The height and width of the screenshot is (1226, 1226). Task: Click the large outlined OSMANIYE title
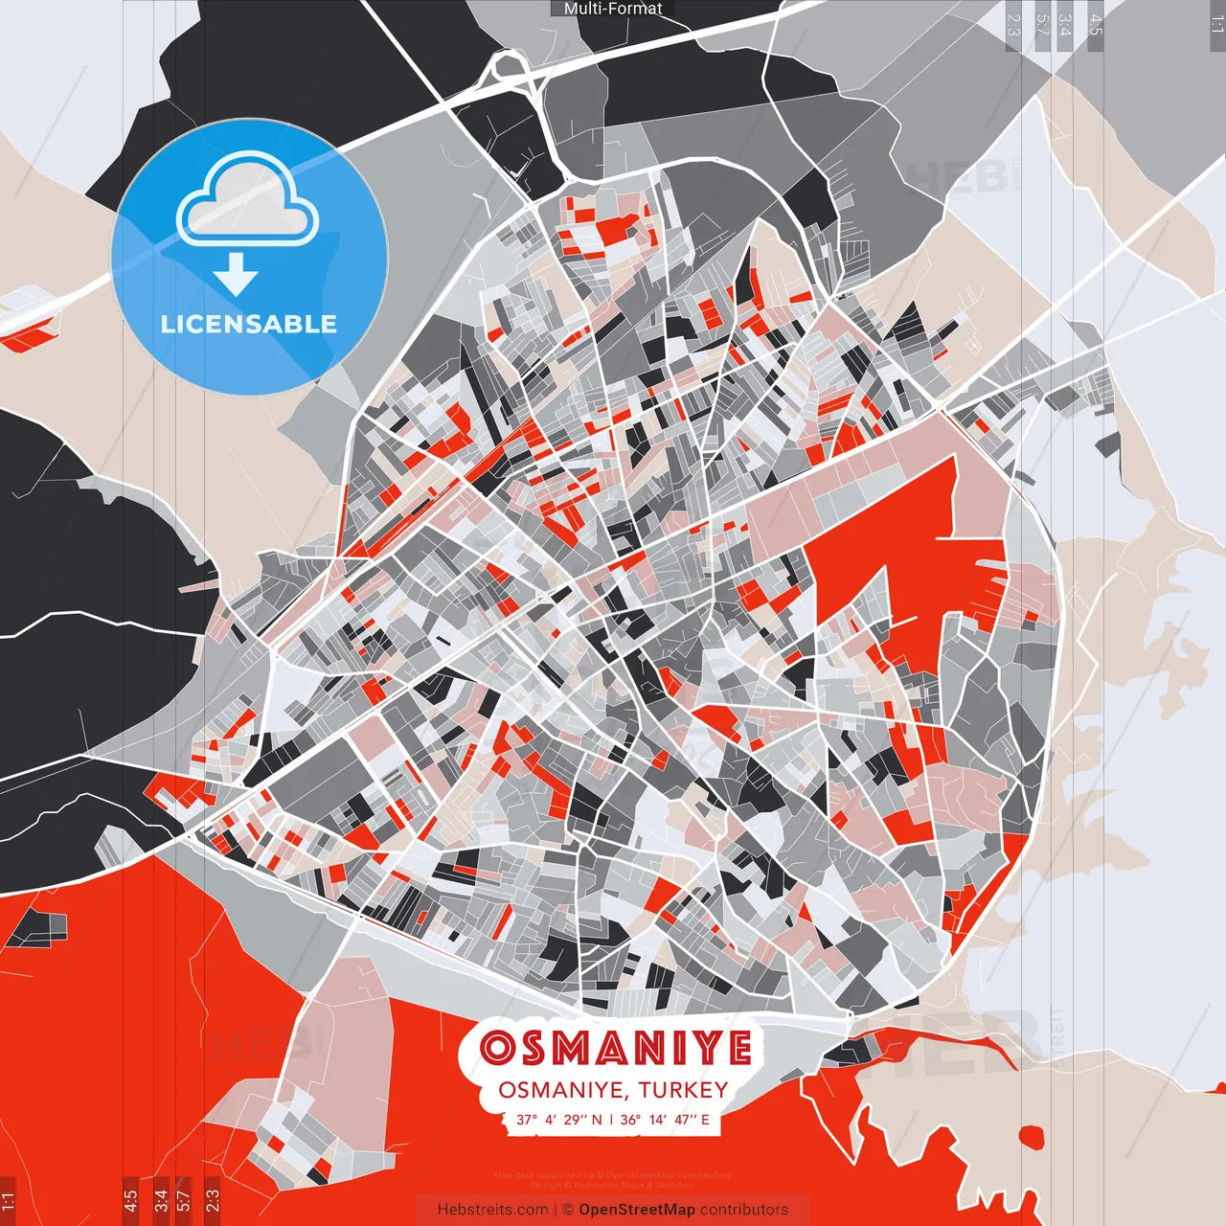tap(615, 1048)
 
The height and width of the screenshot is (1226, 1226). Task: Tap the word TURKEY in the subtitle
tap(683, 1090)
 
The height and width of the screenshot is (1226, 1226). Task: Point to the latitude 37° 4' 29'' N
tap(559, 1119)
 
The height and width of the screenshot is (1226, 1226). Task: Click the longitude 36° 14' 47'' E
tap(665, 1119)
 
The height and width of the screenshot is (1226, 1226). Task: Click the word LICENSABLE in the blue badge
tap(249, 324)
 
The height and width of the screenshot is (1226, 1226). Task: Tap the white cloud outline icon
tap(248, 201)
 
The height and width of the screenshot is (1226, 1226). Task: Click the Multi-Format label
tap(613, 9)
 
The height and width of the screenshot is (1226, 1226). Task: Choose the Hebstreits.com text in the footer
tap(492, 1210)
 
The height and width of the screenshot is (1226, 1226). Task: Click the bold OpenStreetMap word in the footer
tap(637, 1210)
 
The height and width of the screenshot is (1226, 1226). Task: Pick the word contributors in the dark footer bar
tap(744, 1210)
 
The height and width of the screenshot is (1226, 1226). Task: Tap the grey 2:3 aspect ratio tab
tap(1013, 25)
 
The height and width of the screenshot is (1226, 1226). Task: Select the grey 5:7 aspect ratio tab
tap(1042, 25)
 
